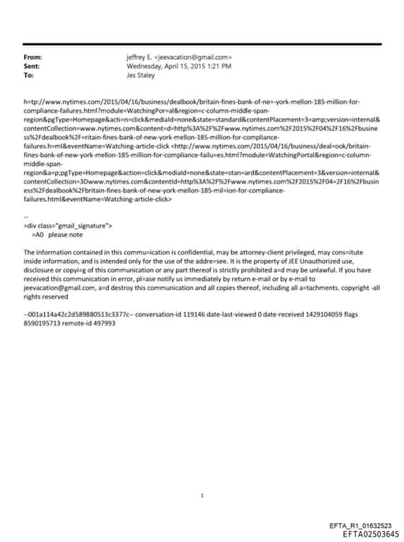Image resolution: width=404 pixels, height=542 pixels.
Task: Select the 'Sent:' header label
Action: pyautogui.click(x=32, y=67)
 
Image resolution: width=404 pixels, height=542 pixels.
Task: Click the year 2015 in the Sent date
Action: pyautogui.click(x=194, y=67)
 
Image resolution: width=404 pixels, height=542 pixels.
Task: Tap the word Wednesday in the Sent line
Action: pyautogui.click(x=145, y=67)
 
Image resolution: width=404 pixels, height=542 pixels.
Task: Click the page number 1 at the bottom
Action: pyautogui.click(x=203, y=473)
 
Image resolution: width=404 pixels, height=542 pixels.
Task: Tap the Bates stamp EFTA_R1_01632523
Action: pyautogui.click(x=360, y=525)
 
